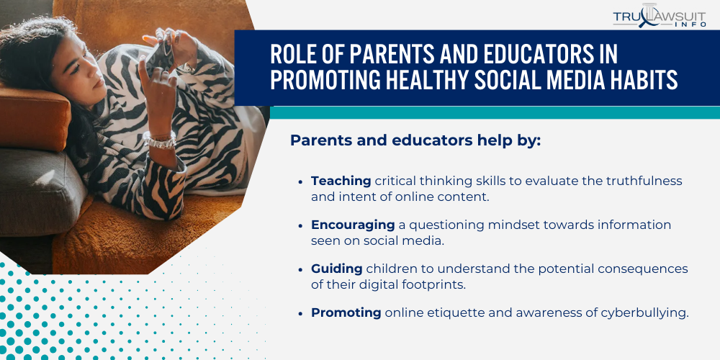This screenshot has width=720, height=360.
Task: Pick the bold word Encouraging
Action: (x=353, y=225)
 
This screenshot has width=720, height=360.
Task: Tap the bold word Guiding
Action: (x=336, y=269)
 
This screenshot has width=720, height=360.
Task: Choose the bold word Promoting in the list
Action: (x=346, y=312)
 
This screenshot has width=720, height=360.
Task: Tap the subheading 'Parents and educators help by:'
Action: (x=415, y=140)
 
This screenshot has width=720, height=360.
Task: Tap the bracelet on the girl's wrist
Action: (x=160, y=140)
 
